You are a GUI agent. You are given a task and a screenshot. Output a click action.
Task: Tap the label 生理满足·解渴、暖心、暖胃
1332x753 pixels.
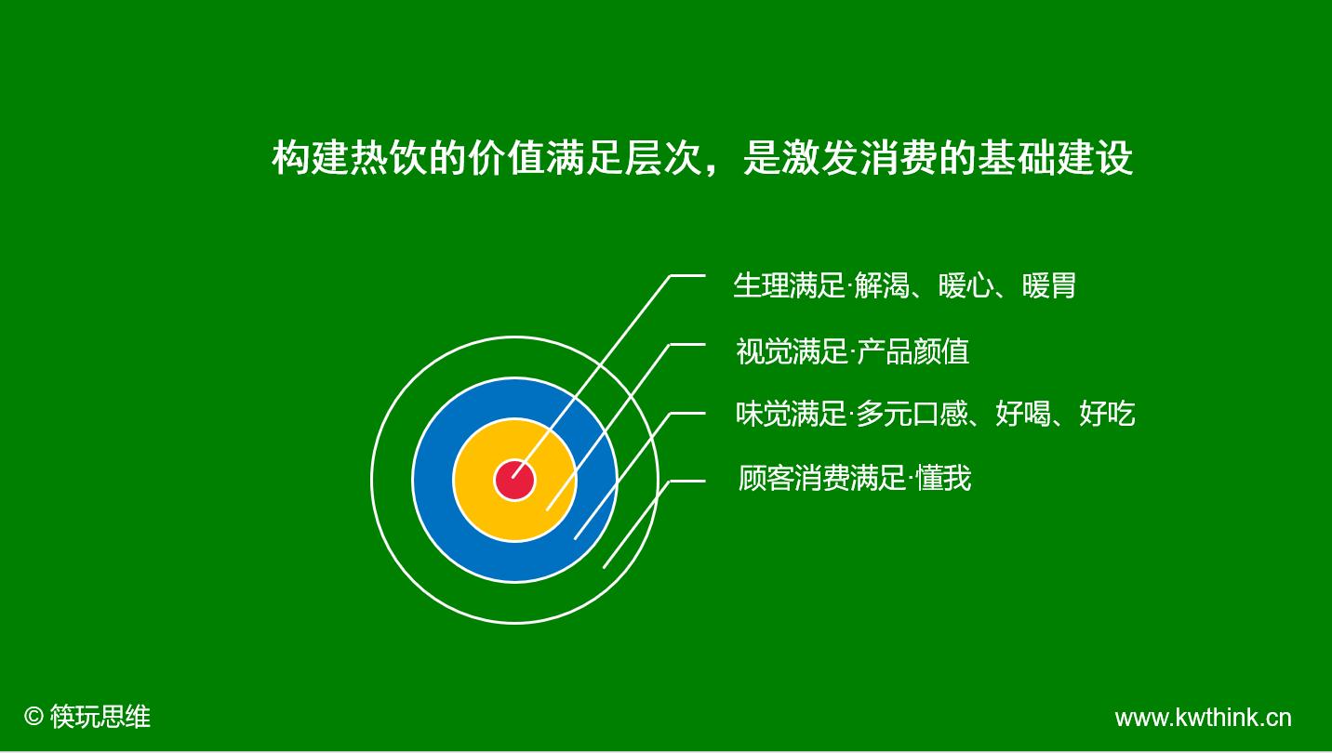pyautogui.click(x=904, y=286)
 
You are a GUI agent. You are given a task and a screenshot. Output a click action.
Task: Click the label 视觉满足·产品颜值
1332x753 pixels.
pyautogui.click(x=853, y=351)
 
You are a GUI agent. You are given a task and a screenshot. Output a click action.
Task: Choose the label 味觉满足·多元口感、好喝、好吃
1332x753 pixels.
pyautogui.click(x=936, y=414)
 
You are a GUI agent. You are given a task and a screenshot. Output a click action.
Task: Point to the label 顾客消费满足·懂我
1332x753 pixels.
pyautogui.click(x=855, y=478)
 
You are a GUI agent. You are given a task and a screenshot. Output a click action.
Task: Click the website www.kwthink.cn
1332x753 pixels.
pyautogui.click(x=1204, y=718)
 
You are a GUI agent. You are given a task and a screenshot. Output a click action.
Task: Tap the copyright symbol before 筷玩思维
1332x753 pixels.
pyautogui.click(x=33, y=716)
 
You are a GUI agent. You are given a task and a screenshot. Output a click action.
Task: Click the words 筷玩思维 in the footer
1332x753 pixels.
pyautogui.click(x=100, y=717)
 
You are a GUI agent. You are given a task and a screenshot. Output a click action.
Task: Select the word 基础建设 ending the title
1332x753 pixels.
pyautogui.click(x=1056, y=158)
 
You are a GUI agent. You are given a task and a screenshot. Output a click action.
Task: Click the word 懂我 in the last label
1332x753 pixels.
pyautogui.click(x=944, y=478)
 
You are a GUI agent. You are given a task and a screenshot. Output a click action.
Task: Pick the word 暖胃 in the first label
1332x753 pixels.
pyautogui.click(x=1049, y=286)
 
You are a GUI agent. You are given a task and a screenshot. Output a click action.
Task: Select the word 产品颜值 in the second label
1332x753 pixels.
pyautogui.click(x=913, y=351)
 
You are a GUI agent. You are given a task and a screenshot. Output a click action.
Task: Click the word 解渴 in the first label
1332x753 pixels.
pyautogui.click(x=882, y=286)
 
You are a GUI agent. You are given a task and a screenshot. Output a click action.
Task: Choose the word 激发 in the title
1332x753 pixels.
pyautogui.click(x=801, y=158)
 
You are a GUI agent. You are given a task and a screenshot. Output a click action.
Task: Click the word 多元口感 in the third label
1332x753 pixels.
pyautogui.click(x=912, y=414)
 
